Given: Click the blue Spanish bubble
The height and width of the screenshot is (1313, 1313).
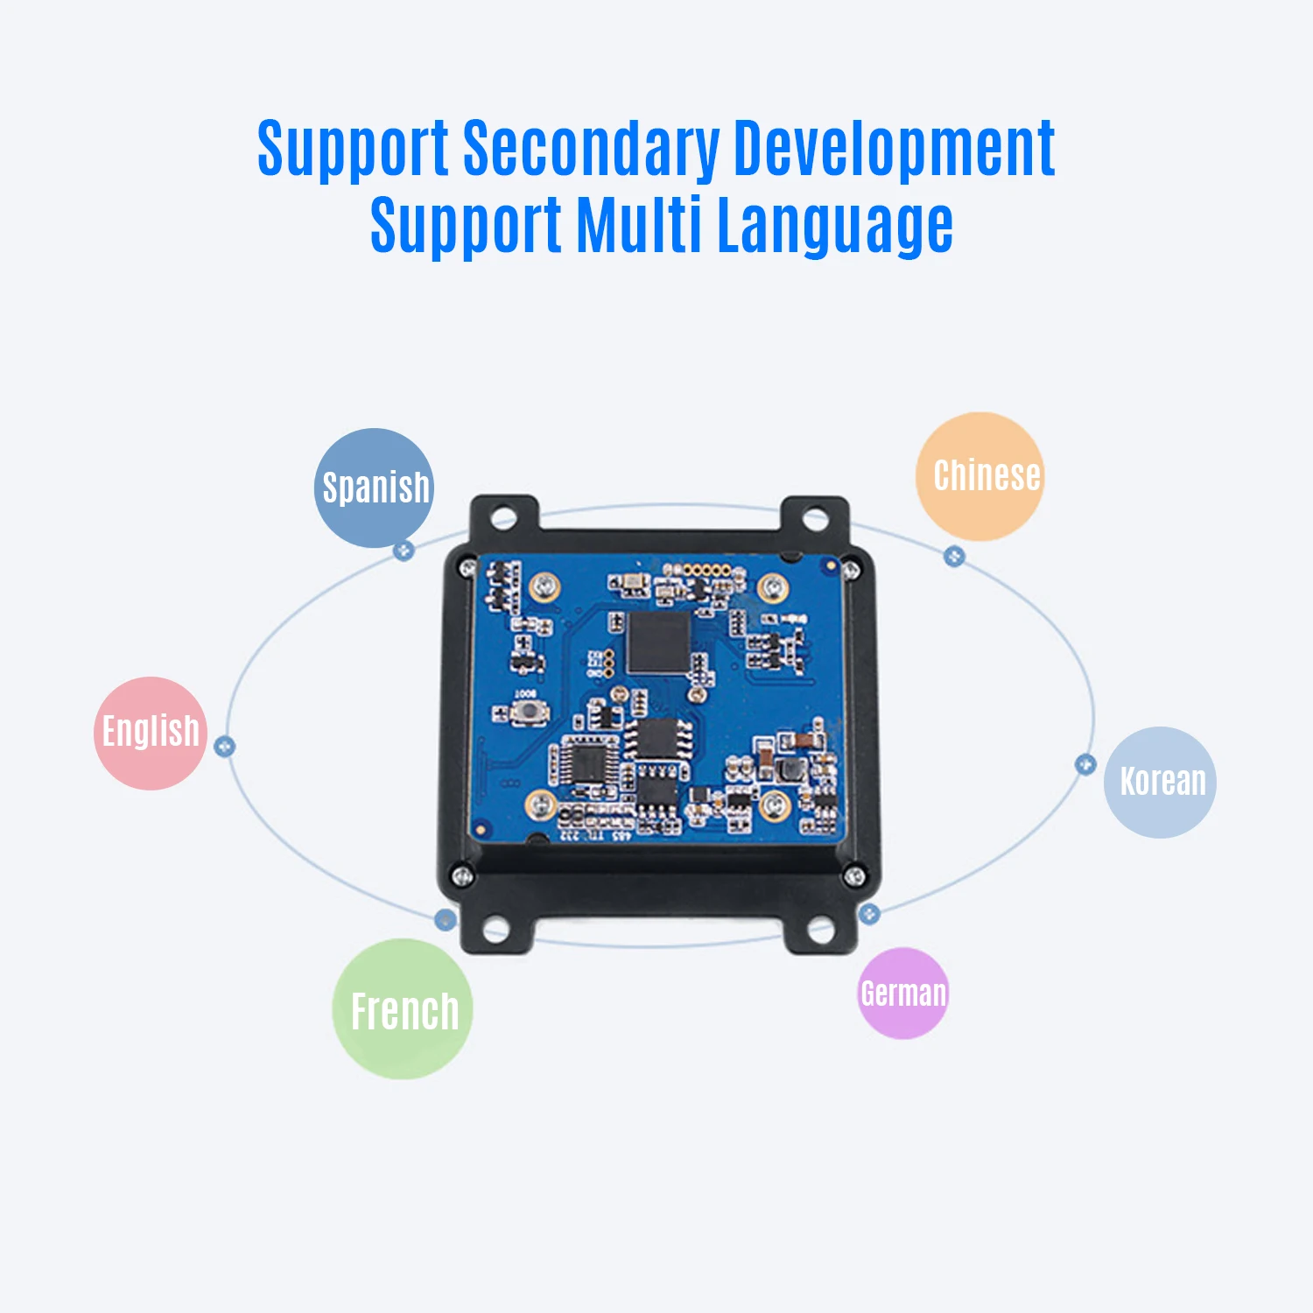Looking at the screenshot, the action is click(374, 488).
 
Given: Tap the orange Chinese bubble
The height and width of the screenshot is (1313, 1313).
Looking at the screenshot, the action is click(979, 476).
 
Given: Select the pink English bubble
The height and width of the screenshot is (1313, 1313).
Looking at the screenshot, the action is click(151, 733).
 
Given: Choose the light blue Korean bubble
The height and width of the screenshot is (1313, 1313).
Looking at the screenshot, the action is click(1160, 782).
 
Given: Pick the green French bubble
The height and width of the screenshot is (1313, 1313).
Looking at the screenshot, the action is click(403, 1008).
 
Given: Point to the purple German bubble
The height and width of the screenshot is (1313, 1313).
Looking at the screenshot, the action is click(903, 994).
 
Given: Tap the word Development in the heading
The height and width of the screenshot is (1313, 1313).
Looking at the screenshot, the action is click(894, 149).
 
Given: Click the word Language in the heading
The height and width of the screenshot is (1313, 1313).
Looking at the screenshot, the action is click(835, 227).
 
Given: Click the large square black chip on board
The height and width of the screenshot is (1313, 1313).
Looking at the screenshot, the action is click(658, 643).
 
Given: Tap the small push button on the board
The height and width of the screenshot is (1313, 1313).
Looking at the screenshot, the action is click(526, 713).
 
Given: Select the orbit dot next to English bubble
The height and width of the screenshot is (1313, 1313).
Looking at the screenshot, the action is click(225, 747).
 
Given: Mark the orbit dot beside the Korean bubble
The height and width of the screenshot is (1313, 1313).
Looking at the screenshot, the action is click(1085, 764).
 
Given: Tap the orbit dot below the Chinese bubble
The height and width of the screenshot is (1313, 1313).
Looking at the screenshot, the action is click(954, 556).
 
